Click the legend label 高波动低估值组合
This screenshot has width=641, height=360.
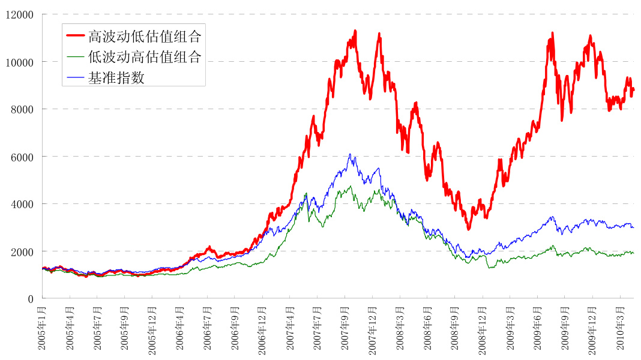coord(144,37)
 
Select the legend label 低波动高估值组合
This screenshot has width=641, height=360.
coord(144,57)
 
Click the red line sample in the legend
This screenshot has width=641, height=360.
coord(75,36)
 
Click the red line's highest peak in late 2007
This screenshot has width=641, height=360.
coord(355,30)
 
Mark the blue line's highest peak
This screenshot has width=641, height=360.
coord(350,154)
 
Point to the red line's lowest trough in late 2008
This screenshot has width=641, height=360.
coord(469,229)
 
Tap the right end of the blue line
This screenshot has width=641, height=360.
coord(633,227)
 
